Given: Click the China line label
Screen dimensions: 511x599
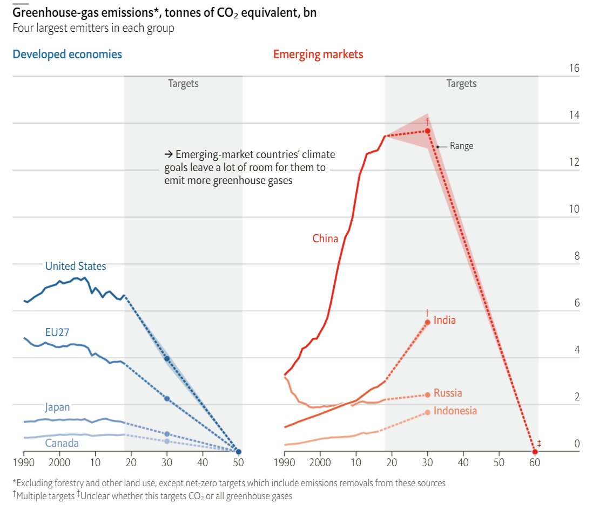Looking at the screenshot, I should pos(325,239).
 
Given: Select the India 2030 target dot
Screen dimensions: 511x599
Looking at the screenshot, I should pos(427,322).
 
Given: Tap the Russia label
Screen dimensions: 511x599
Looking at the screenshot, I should pos(448,393).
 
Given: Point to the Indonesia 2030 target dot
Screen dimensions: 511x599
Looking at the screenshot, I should pos(427,412).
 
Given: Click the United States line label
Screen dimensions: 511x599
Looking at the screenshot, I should pos(76,266).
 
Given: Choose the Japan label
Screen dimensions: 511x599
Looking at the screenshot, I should pos(57,407).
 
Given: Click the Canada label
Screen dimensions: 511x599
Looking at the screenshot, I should pos(62,444).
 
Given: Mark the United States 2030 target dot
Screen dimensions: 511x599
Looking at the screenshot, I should pos(167,359).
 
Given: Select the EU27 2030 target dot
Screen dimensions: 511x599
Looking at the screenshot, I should pos(167,399).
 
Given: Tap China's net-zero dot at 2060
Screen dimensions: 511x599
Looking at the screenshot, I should pos(535,451).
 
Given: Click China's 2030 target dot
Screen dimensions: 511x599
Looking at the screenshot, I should pos(427,131).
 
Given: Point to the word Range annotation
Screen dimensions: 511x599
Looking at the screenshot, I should pos(461,146).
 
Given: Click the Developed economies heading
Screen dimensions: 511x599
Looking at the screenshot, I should pos(67,54).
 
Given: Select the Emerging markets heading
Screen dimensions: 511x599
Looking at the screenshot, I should pos(318,54).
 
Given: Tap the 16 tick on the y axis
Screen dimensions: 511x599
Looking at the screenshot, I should pos(574,69).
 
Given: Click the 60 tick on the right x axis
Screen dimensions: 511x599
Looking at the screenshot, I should pos(535,462).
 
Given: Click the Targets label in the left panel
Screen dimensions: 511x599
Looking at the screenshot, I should pos(183,84).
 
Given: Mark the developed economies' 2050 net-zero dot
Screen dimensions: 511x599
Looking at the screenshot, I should pos(239,452).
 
